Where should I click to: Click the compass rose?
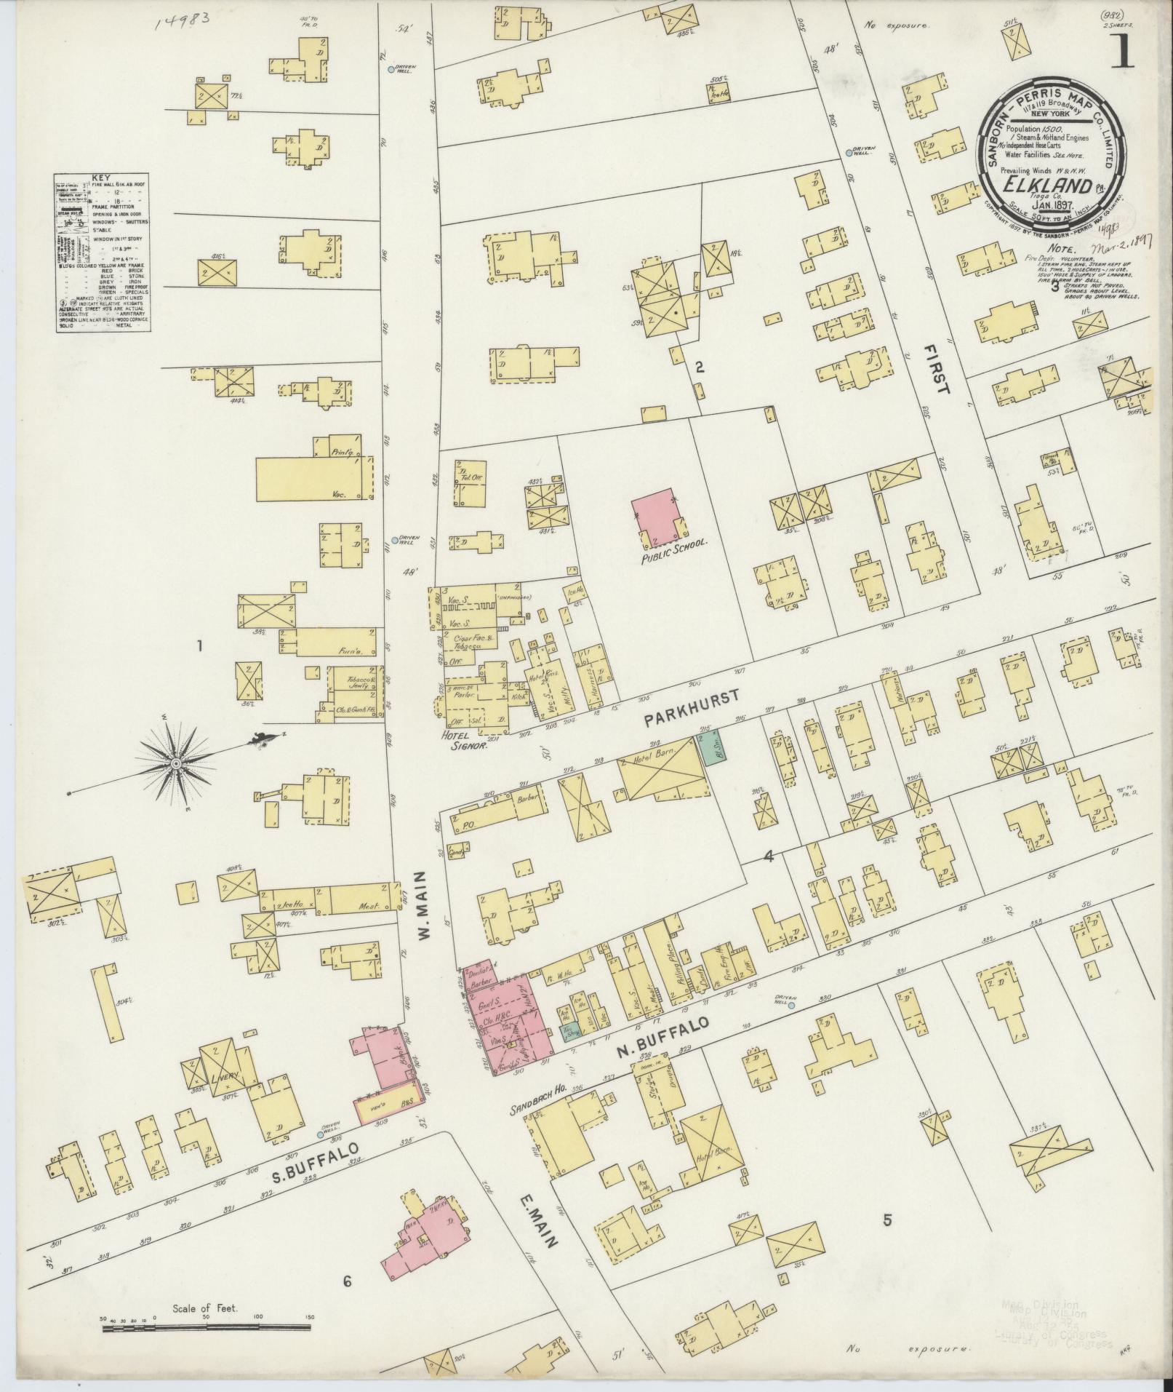[x=175, y=763]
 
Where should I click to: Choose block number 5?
[x=886, y=1220]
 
